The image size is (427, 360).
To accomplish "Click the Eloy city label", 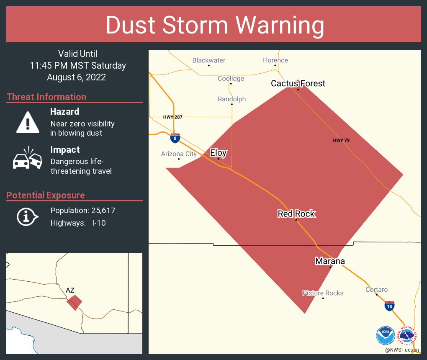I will (x=218, y=153).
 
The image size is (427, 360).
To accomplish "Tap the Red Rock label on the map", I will (x=296, y=214).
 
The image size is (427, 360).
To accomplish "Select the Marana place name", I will (x=330, y=261).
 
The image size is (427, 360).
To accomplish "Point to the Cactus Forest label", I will (x=298, y=83).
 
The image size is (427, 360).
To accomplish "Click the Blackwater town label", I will (x=209, y=60).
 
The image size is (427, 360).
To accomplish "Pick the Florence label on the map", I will (x=275, y=60).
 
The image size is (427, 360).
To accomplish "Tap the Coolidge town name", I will (x=231, y=78).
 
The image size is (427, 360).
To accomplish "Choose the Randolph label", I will (x=232, y=99).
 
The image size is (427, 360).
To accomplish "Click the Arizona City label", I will (x=179, y=154).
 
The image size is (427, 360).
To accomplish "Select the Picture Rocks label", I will (x=323, y=293).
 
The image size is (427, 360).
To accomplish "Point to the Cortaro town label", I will (x=376, y=289).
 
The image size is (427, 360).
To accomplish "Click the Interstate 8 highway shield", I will (x=175, y=138).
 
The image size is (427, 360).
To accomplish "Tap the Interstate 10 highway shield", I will (x=389, y=306).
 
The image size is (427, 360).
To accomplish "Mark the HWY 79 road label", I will (x=341, y=140).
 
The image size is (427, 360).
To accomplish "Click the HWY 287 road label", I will (x=172, y=117).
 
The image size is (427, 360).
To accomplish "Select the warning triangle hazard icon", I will (x=28, y=122).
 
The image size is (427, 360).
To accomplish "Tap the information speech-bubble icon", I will (x=27, y=216).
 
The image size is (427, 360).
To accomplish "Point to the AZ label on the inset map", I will (x=70, y=290).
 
